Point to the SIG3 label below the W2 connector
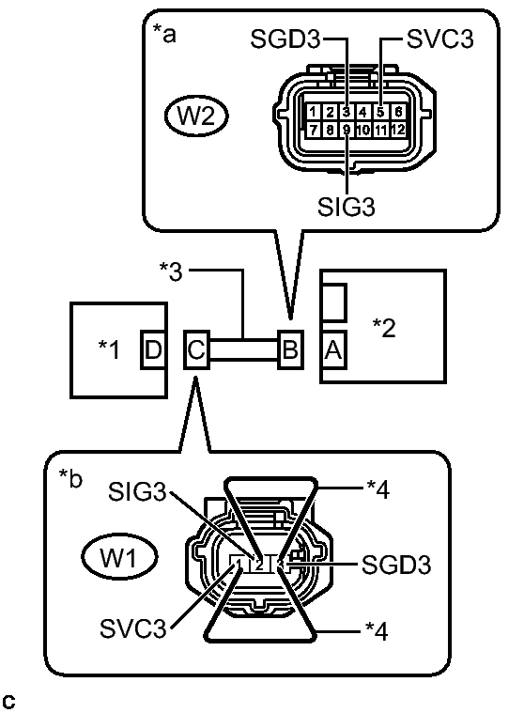(347, 208)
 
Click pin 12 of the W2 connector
(398, 129)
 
